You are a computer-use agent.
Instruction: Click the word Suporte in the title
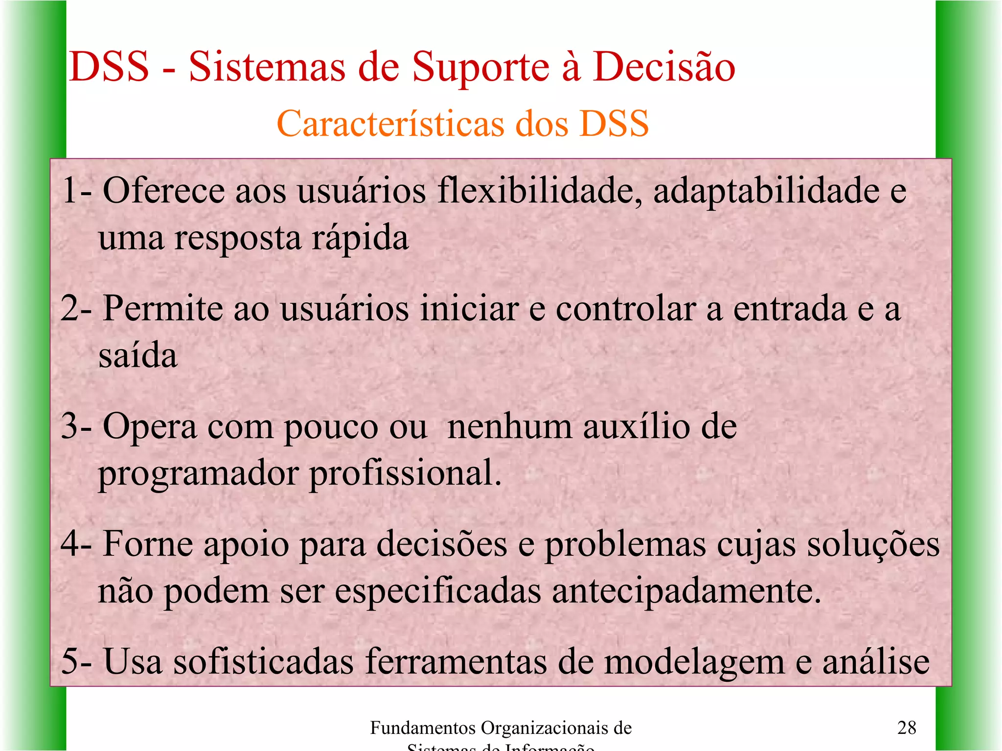coord(480,67)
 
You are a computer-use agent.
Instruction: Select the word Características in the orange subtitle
coord(391,123)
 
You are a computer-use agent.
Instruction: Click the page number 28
coord(906,728)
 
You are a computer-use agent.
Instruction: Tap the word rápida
coord(360,238)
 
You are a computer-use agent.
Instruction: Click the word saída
coord(137,355)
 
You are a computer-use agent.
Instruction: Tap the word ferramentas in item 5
coord(455,661)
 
